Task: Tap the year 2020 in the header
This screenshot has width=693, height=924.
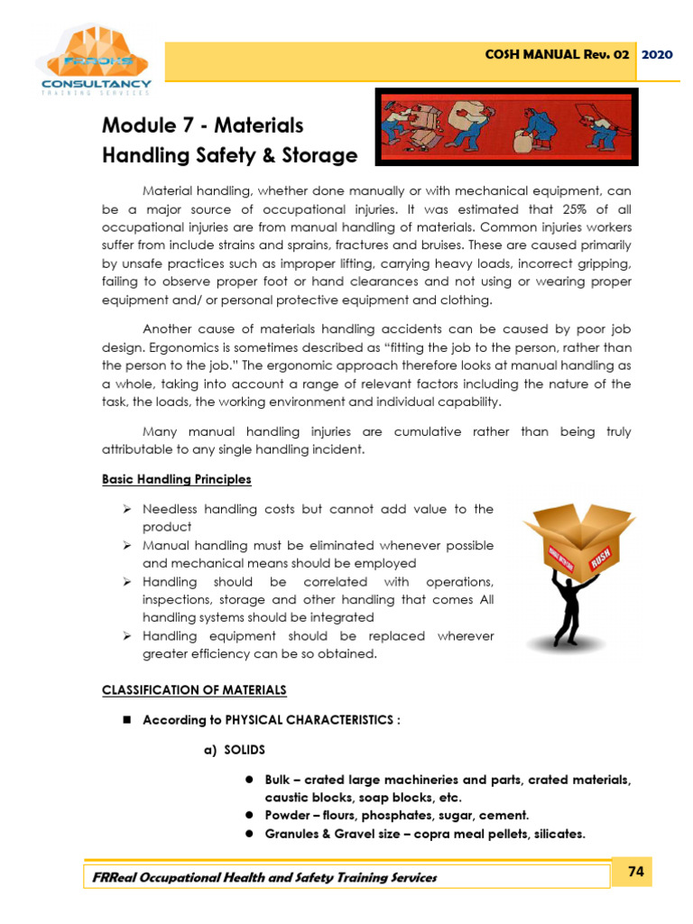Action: pyautogui.click(x=657, y=54)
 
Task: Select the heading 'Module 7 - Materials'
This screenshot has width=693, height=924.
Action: pyautogui.click(x=202, y=125)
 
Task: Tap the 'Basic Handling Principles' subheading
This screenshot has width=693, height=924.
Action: pyautogui.click(x=177, y=479)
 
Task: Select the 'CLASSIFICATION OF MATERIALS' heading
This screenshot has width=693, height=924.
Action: pyautogui.click(x=194, y=689)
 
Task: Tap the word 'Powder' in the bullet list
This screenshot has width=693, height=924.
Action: pyautogui.click(x=287, y=815)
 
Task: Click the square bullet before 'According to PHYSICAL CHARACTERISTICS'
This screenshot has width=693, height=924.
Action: pyautogui.click(x=127, y=720)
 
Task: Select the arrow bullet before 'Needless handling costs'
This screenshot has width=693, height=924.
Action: pyautogui.click(x=127, y=510)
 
